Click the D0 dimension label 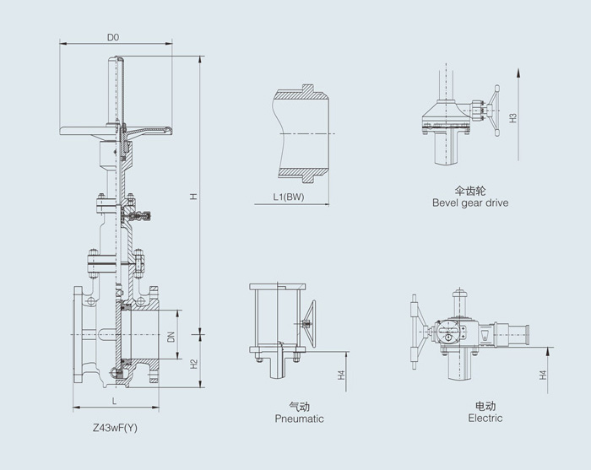click(113, 37)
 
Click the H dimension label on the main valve click(193, 197)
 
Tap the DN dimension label click(171, 337)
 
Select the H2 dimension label click(193, 364)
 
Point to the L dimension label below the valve click(115, 402)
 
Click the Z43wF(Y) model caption click(115, 428)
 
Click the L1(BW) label click(289, 197)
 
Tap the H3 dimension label click(513, 118)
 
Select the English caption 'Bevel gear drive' click(470, 203)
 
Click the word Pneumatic click(299, 419)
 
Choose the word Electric click(485, 418)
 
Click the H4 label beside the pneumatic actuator click(341, 375)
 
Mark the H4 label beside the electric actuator click(543, 375)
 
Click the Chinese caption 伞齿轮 click(470, 191)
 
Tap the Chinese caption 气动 click(299, 407)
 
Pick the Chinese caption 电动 click(485, 406)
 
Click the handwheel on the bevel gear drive click(494, 110)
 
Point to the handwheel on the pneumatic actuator click(310, 323)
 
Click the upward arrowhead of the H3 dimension click(518, 73)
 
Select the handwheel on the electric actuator click(417, 332)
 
